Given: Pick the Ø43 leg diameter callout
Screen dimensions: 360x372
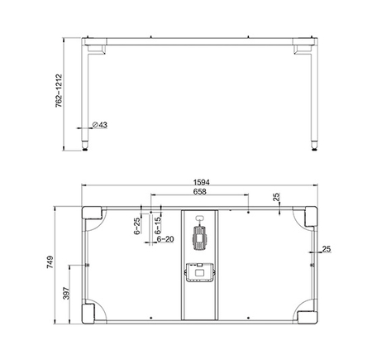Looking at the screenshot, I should pos(97,125).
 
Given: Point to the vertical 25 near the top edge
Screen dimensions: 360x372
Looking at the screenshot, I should pos(276,199).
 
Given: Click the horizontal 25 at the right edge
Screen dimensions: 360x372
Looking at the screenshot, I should pos(327,248).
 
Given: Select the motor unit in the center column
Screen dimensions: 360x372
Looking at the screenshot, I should pos(199,237).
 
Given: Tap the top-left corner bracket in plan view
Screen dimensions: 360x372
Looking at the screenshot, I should pos(92,217).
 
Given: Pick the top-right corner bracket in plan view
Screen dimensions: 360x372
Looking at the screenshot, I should pos(308,217).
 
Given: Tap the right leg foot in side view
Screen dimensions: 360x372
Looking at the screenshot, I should pos(312,147).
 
